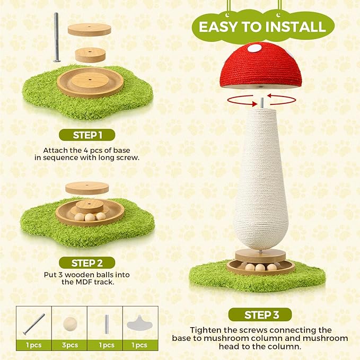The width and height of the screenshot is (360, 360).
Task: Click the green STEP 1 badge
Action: tap(87, 135)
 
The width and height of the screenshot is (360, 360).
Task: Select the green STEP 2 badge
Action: tap(87, 263)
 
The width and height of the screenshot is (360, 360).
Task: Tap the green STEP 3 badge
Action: tap(260, 315)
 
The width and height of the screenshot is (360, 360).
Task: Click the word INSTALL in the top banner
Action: tap(295, 27)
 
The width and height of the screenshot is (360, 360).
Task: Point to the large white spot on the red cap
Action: tap(254, 48)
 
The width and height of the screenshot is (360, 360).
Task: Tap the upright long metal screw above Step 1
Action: tap(56, 37)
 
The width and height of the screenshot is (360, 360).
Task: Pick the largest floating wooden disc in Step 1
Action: tap(89, 30)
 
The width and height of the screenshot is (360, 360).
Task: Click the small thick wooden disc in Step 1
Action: tap(90, 55)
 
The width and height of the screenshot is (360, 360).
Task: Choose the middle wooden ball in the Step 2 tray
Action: tap(90, 217)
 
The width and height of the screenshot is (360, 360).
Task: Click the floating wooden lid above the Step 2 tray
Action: tap(87, 188)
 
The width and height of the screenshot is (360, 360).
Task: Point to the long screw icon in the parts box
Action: tap(34, 324)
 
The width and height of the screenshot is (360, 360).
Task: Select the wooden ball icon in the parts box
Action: tap(70, 324)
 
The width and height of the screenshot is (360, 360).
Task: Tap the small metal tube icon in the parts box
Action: tap(107, 324)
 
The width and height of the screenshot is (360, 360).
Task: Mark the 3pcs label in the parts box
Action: tap(70, 345)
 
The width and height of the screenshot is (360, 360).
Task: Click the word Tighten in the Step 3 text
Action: tap(205, 330)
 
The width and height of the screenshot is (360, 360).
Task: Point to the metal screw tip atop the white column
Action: tap(262, 103)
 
